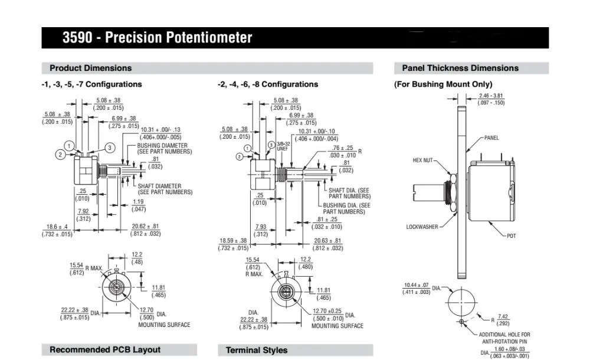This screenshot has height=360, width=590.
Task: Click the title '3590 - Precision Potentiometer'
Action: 158,38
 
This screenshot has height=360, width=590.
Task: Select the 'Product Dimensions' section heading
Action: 90,68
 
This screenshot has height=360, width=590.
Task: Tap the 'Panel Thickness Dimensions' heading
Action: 460,68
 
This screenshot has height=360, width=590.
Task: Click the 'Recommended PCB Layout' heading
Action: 104,350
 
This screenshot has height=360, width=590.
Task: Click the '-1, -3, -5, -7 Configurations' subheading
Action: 91,84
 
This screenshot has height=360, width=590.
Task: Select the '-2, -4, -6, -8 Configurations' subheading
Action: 268,84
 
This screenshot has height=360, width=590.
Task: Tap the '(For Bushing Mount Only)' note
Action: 443,84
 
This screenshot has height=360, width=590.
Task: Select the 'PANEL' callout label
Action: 491,138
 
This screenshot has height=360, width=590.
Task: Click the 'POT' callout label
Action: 511,235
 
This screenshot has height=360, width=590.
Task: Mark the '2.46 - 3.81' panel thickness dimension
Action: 491,96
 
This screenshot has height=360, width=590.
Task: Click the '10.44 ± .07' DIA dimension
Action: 416,285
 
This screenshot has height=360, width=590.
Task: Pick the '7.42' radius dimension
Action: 503,316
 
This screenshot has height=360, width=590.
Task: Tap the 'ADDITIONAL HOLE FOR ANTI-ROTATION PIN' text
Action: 504,337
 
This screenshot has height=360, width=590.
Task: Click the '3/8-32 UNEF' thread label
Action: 281,147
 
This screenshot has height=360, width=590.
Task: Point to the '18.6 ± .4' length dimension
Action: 57,227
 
